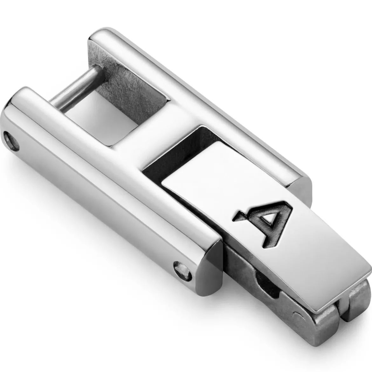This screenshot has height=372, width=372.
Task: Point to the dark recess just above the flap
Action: (180, 154)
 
